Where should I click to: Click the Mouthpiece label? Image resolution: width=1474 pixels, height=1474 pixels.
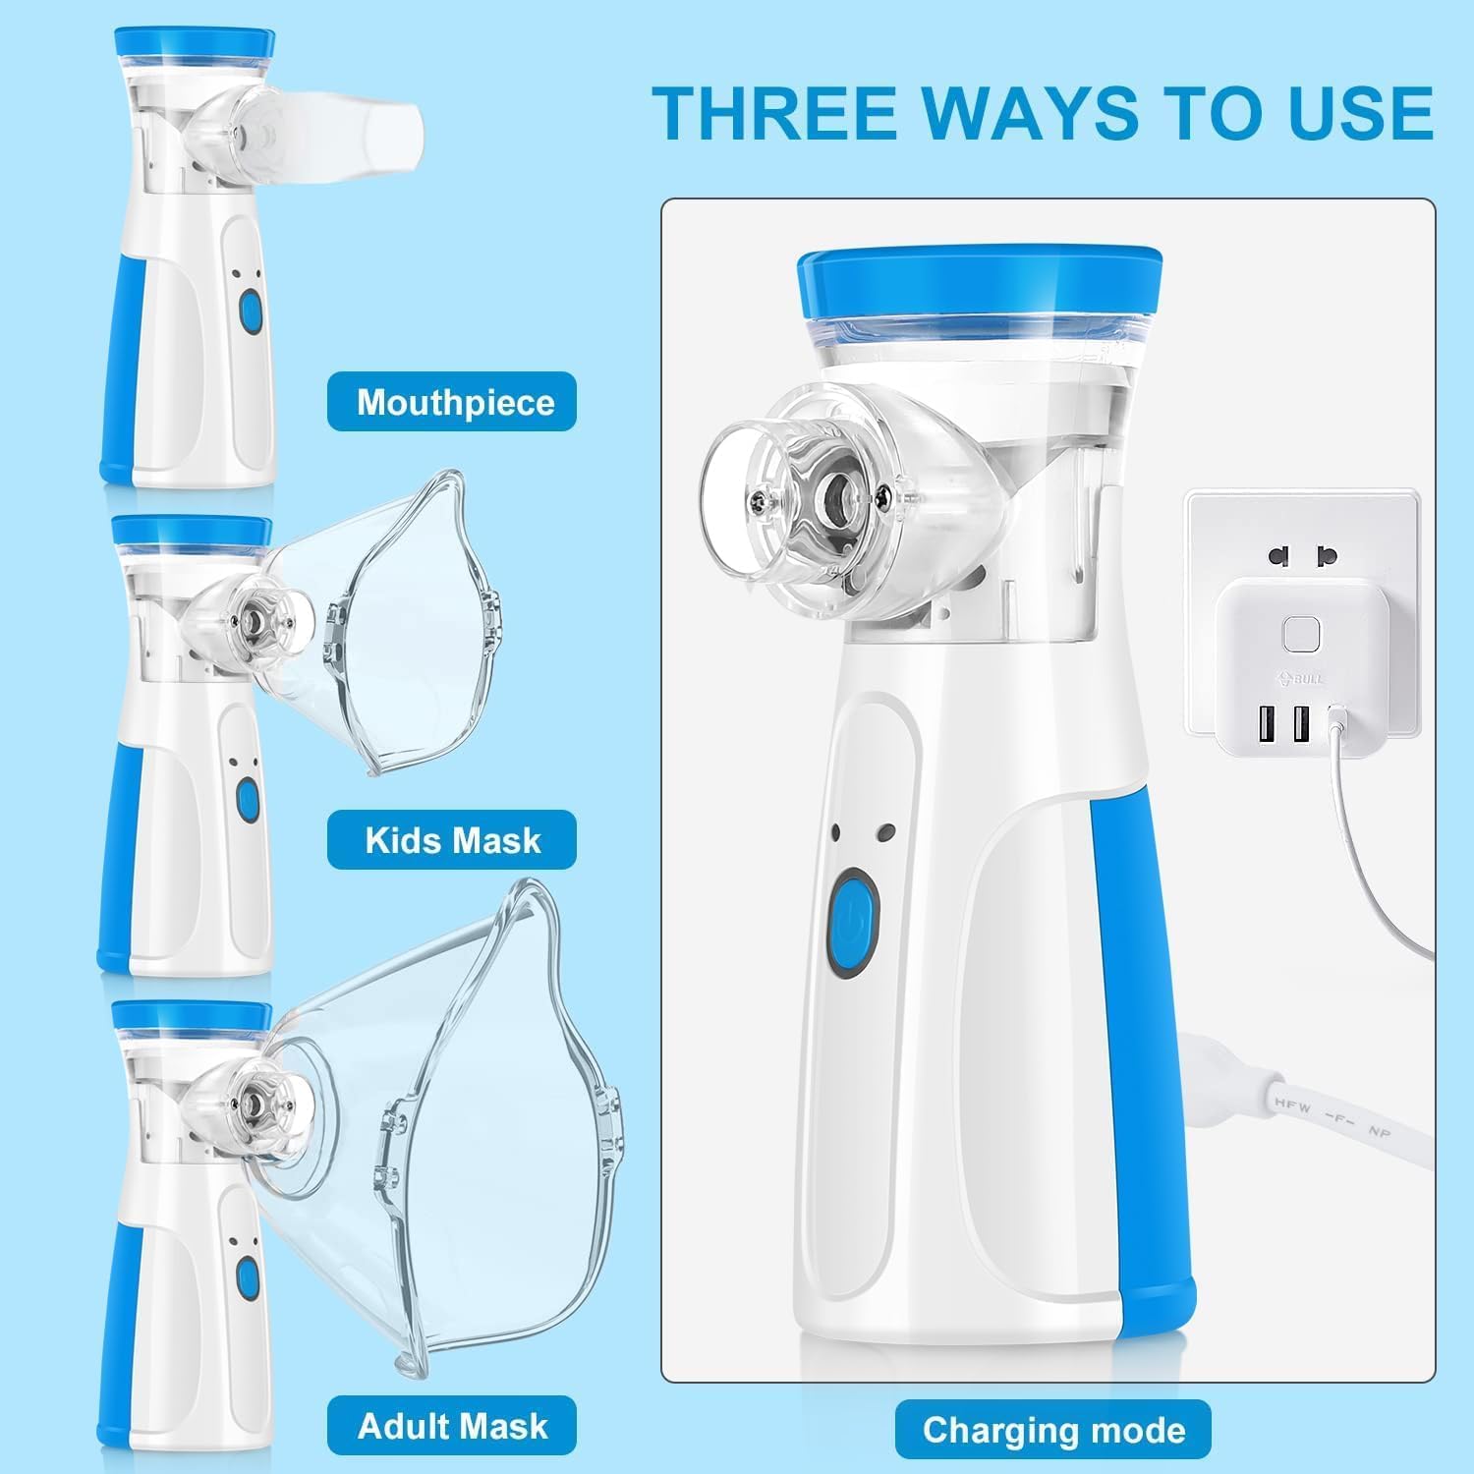[452, 402]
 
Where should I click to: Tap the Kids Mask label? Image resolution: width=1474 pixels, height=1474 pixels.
[452, 840]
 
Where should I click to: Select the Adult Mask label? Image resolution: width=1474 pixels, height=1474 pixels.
[452, 1425]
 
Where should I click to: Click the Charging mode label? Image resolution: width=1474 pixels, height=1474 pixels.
[1052, 1430]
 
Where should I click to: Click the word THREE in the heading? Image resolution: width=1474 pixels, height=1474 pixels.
[776, 113]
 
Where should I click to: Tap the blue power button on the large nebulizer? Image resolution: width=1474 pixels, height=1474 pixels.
[854, 925]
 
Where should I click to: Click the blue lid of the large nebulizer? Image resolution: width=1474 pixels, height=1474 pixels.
[980, 285]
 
